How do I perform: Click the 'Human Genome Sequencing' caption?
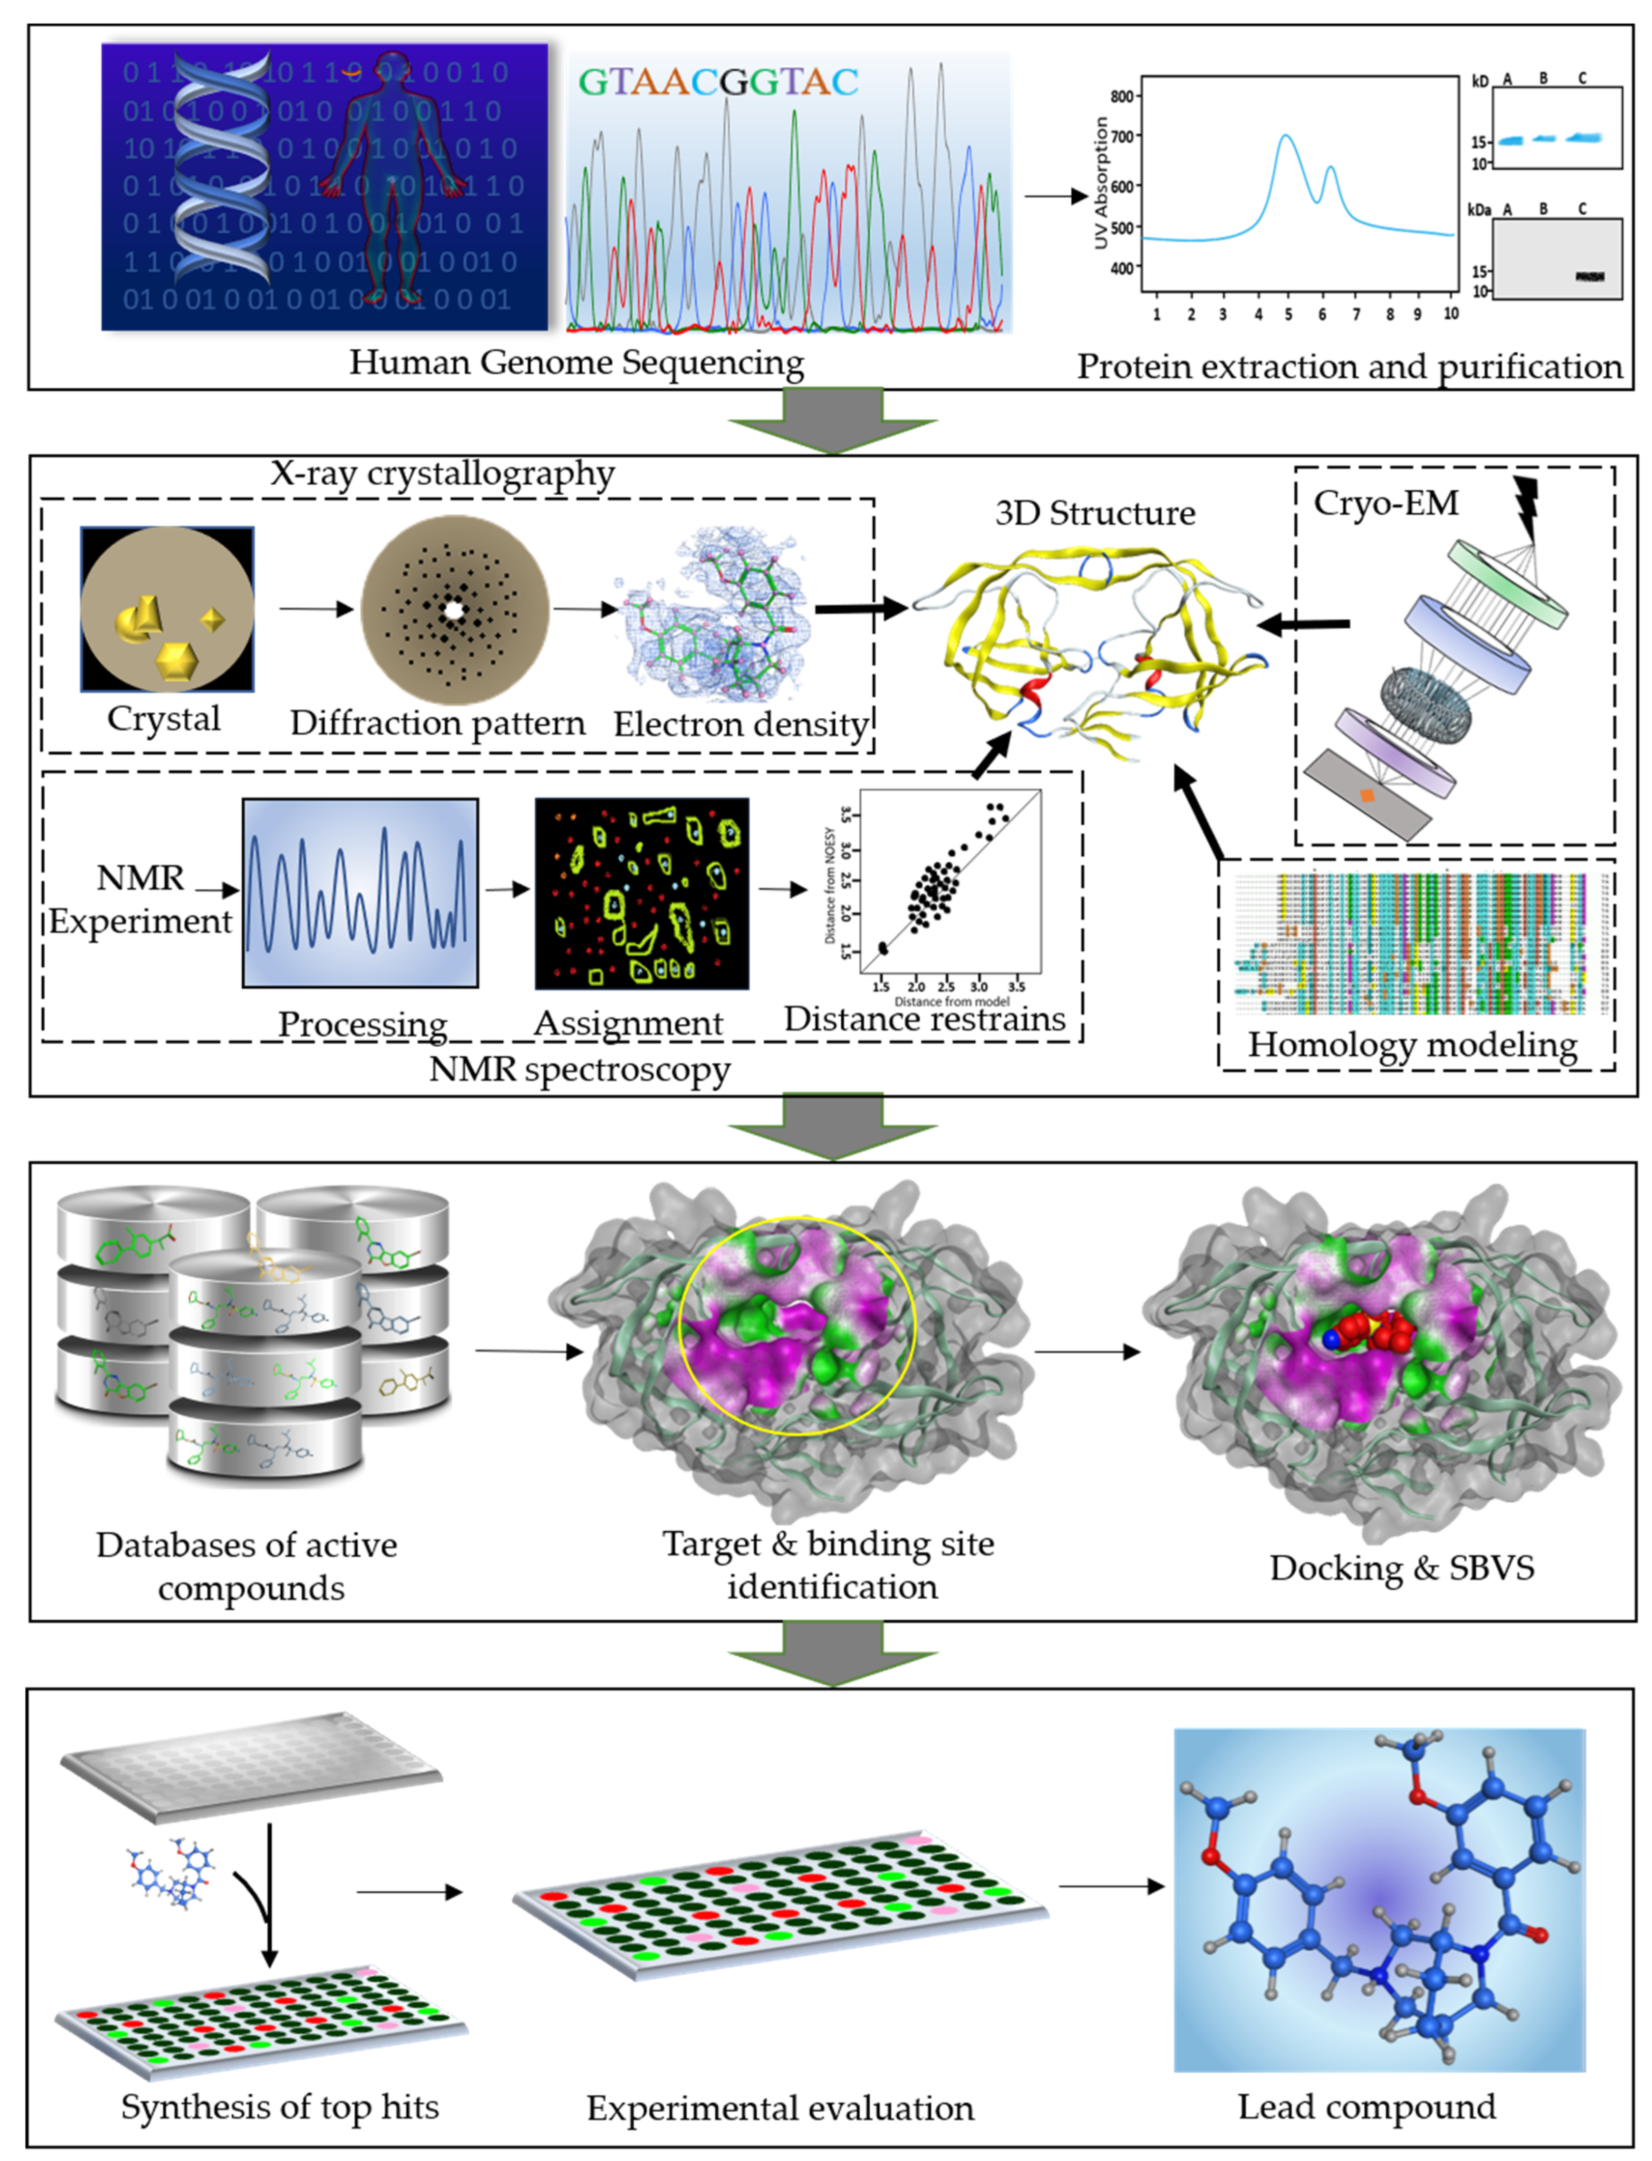pos(576,363)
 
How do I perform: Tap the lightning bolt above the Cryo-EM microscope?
pos(1527,507)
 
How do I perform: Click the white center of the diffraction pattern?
pos(453,610)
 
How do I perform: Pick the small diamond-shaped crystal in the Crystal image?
pos(212,619)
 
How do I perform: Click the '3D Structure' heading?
pos(1094,514)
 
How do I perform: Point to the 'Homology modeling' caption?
pos(1412,1045)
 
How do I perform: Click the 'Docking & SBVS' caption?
pos(1401,1568)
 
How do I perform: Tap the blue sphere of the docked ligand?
pos(1331,1339)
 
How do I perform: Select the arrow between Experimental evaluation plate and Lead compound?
pos(1111,1887)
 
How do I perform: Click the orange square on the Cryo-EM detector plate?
pos(1367,795)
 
